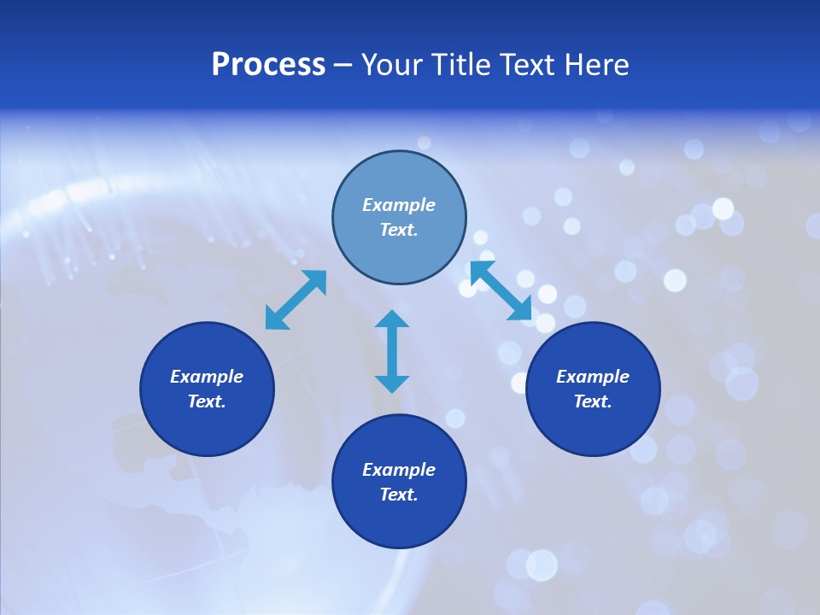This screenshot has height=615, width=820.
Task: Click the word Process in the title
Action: click(268, 65)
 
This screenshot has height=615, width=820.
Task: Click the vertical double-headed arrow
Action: click(392, 351)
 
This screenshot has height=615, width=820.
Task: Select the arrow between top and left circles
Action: click(296, 300)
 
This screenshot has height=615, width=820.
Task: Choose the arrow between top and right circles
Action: click(501, 291)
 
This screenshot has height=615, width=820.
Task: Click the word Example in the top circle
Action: click(399, 205)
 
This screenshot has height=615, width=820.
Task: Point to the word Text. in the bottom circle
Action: click(399, 495)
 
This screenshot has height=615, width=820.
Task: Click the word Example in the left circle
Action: click(207, 377)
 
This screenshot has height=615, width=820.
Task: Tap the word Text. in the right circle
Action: click(593, 401)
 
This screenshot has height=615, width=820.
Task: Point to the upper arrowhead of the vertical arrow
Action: click(392, 319)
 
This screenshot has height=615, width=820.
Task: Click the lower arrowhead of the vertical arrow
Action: click(392, 384)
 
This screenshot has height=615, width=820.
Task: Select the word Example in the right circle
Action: click(593, 377)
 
